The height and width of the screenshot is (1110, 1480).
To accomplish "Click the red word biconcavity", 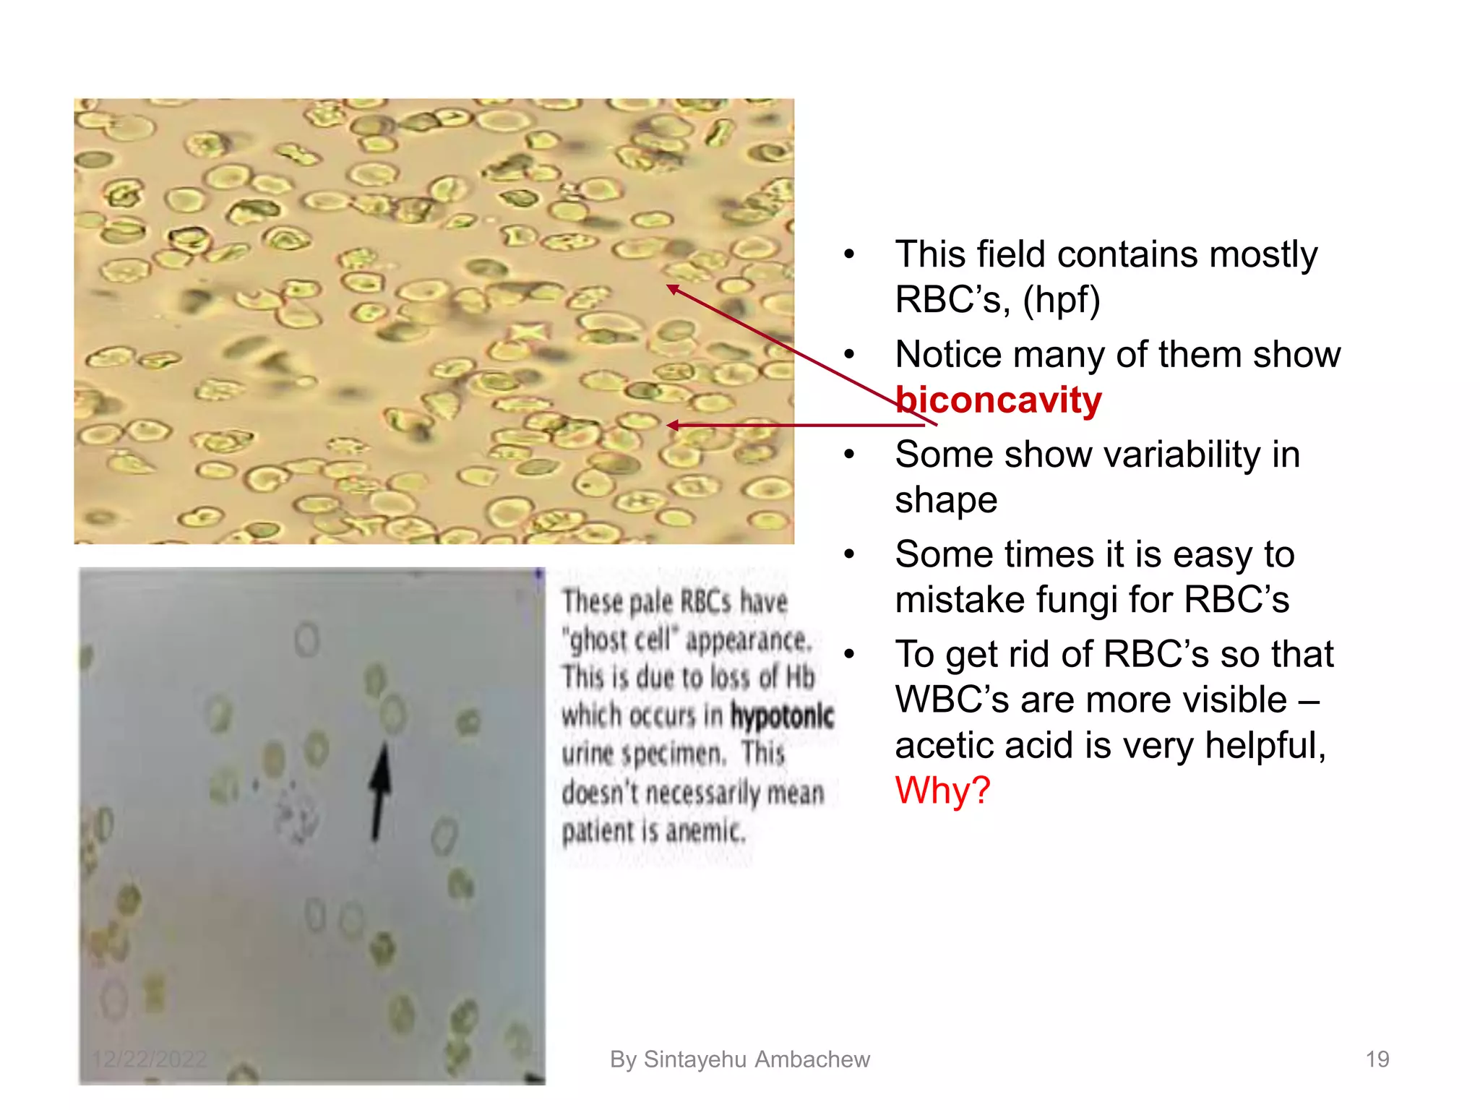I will point(998,400).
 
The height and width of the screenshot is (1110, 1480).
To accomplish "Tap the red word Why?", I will point(942,790).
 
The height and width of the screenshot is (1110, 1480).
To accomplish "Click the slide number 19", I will point(1377,1059).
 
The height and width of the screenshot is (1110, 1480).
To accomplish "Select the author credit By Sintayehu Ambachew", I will point(739,1059).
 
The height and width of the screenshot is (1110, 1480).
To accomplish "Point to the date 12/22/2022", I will point(150,1059).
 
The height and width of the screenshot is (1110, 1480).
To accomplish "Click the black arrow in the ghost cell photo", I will point(379,791).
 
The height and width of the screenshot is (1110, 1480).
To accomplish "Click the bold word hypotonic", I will point(782,715).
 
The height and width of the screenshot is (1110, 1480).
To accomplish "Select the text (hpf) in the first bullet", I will point(1061,300).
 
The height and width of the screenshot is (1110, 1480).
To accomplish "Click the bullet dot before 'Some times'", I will point(849,554).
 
